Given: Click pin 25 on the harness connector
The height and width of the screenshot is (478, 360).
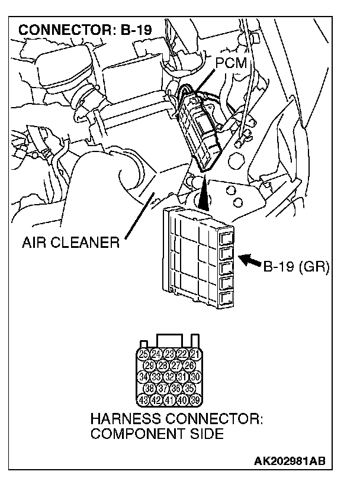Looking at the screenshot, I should (x=143, y=354).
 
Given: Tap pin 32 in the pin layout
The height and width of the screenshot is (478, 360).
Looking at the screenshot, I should (x=169, y=376).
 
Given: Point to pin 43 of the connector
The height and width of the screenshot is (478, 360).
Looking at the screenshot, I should (x=143, y=399).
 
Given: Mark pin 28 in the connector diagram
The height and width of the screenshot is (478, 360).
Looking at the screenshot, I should (x=162, y=365).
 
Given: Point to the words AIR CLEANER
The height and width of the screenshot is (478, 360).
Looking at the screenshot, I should (x=70, y=243).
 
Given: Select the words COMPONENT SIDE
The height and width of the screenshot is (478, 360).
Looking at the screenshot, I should (x=157, y=434).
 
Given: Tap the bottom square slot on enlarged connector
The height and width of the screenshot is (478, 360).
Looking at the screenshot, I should (x=226, y=298).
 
